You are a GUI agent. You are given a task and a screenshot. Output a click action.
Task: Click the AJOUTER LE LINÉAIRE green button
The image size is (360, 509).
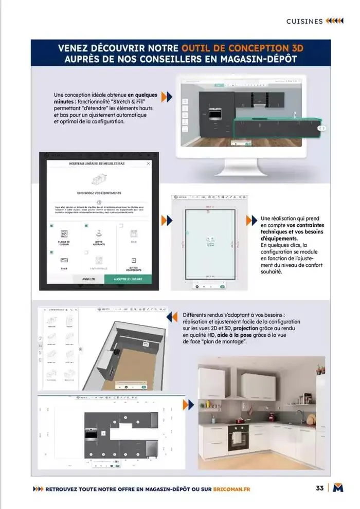pyautogui.click(x=128, y=279)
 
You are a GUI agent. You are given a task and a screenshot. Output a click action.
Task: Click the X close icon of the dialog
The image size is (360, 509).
pyautogui.click(x=149, y=163)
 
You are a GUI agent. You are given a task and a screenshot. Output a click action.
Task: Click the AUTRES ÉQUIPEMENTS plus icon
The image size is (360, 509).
pyautogui.click(x=134, y=261)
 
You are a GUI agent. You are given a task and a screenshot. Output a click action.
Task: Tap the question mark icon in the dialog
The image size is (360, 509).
pyautogui.click(x=99, y=202)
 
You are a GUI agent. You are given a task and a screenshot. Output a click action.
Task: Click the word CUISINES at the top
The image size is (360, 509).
pyautogui.click(x=304, y=21)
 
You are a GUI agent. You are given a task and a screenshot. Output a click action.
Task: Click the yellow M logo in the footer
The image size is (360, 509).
pyautogui.click(x=338, y=488)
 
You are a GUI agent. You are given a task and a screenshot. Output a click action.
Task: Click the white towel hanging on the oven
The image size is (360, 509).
pyautogui.click(x=237, y=438)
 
